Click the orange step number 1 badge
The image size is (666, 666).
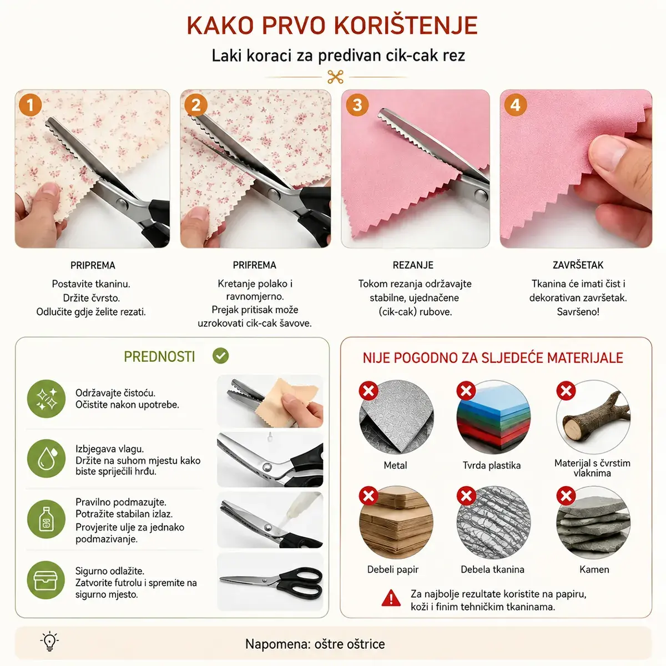[31, 105]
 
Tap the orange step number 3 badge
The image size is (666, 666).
[357, 105]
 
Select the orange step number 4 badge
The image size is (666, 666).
[515, 105]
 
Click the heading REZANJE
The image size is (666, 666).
[413, 265]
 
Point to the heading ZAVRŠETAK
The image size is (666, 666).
[578, 265]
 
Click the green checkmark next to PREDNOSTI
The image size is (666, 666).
[220, 356]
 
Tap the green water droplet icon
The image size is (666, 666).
[46, 458]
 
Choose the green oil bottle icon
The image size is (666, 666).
[46, 519]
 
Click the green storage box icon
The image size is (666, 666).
[46, 580]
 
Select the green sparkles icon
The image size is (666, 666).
[46, 399]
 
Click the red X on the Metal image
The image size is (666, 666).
[369, 391]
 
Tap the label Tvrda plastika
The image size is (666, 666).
[492, 465]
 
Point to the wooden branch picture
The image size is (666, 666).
[593, 417]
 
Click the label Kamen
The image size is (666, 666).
[594, 569]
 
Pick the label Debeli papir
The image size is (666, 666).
[392, 569]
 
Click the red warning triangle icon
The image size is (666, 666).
[391, 598]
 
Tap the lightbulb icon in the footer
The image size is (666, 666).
[49, 641]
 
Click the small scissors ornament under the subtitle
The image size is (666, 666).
[335, 77]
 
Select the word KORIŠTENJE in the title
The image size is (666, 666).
[406, 25]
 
